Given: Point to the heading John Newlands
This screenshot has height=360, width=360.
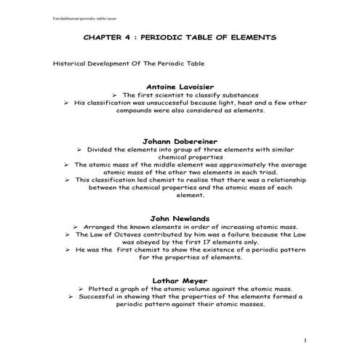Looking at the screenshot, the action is [180, 217].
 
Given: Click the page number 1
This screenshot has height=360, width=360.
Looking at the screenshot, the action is [306, 340].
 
